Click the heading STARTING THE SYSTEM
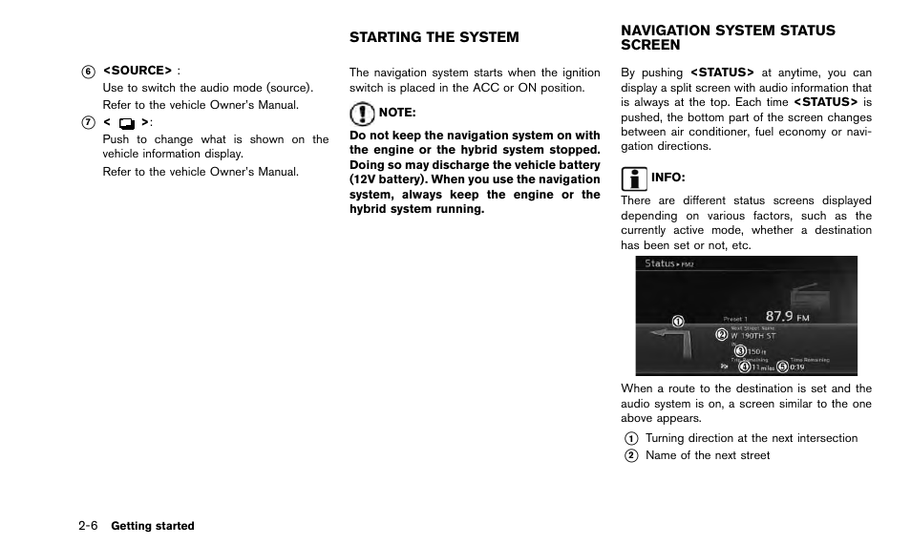434,37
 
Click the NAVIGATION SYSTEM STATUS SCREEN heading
728,37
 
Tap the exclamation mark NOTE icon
362,115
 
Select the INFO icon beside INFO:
632,178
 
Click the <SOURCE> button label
138,71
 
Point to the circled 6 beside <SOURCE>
88,71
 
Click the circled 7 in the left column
88,122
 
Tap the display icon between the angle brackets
126,123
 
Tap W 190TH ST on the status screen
753,336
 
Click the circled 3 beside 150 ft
740,350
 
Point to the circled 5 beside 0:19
782,366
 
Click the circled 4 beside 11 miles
744,366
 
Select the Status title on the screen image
660,263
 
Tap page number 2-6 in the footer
89,526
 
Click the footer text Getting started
153,526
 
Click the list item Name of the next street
707,455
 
